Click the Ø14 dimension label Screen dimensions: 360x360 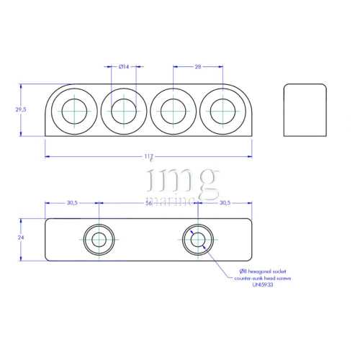[123, 66]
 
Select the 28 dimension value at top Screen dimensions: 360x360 [197, 66]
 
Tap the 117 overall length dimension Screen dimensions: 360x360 [148, 156]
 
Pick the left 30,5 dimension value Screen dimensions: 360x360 [72, 203]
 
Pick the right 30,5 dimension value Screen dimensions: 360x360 [224, 203]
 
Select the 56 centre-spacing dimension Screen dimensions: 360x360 [148, 203]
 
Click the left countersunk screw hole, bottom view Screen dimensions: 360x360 [98, 240]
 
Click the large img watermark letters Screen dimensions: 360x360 [180, 180]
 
